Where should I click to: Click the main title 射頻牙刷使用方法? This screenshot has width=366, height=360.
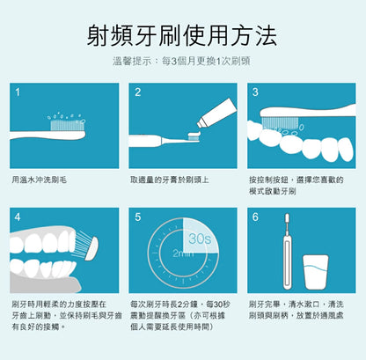coord(182,36)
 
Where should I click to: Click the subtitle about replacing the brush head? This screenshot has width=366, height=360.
coord(181,62)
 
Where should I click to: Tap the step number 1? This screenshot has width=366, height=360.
coord(18,92)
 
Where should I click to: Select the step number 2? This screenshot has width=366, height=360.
coord(138,92)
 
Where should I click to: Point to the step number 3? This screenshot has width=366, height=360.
coord(255,92)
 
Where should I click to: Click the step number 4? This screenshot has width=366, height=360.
coord(18,217)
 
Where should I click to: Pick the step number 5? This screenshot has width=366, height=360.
coord(138,217)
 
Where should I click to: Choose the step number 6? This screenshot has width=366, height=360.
coord(255,217)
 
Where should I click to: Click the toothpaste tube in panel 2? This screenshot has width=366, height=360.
coord(216,113)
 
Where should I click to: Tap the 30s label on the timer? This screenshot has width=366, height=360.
coord(200,239)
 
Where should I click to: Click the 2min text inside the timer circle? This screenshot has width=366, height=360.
coord(183,253)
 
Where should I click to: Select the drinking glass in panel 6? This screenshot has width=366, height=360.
coord(316,272)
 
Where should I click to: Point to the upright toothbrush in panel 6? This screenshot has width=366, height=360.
coord(288,252)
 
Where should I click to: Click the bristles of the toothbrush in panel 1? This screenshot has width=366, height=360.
coord(68,125)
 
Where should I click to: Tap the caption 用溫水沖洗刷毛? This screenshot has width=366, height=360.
coord(40,180)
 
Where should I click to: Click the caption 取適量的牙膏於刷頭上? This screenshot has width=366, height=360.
coord(170,180)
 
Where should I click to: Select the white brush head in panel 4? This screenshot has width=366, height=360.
coord(91,248)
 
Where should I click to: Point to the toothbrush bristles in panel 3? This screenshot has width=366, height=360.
coord(280,123)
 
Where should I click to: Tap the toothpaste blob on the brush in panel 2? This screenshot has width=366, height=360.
coord(194,135)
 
